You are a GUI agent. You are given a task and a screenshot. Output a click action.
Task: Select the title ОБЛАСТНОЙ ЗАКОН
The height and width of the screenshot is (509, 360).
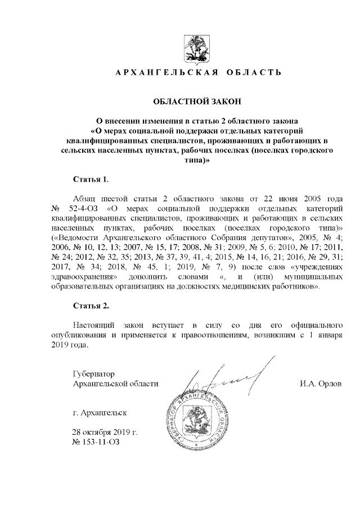click(197, 101)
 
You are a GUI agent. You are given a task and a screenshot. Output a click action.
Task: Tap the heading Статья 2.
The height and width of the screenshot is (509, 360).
click(91, 306)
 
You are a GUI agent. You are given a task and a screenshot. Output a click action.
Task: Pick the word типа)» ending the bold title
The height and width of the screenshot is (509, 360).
click(197, 160)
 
